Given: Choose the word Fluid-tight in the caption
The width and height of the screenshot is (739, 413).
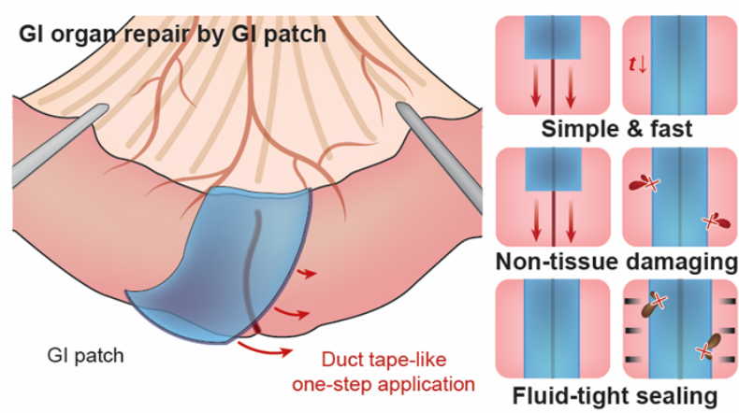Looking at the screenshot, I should click(x=559, y=396).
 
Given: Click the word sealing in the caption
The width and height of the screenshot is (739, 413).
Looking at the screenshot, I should click(x=677, y=396).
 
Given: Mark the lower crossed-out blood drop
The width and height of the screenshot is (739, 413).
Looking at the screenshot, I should click(x=714, y=221).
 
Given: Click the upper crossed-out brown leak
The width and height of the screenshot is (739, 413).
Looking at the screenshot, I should click(x=652, y=306).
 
